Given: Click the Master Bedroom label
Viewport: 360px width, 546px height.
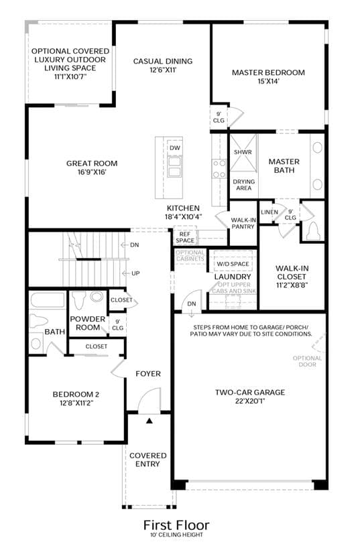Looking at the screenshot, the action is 268,72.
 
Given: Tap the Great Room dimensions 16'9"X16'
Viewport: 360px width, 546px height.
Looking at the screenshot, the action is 92,172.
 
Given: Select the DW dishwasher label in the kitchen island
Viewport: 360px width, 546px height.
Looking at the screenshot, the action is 175,147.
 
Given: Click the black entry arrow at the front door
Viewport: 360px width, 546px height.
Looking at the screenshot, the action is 149,421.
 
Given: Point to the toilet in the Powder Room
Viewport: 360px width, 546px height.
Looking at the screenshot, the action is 80,300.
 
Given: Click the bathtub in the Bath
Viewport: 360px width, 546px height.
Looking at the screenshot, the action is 48,300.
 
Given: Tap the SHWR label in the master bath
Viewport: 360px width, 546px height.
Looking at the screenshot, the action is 243,152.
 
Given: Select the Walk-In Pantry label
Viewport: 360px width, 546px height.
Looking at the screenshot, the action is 243,223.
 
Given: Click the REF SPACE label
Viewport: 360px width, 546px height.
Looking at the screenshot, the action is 185,237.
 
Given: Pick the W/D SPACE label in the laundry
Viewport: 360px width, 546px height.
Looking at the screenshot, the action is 233,264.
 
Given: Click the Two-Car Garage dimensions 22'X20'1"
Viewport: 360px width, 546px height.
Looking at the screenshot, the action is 250,401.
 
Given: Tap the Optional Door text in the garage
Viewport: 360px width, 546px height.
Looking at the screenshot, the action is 307,361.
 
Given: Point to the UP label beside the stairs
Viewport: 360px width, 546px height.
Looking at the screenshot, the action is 135,273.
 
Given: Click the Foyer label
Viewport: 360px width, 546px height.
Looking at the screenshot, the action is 148,374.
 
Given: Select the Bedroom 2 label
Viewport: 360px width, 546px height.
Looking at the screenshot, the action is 76,394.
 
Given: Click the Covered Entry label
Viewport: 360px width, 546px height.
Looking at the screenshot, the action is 147,460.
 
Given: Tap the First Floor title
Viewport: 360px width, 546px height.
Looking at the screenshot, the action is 176,525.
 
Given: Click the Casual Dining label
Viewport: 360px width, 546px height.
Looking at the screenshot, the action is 163,61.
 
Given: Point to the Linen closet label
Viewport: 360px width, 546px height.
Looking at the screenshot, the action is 269,212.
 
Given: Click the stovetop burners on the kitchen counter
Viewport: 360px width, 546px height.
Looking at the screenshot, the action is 219,169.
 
